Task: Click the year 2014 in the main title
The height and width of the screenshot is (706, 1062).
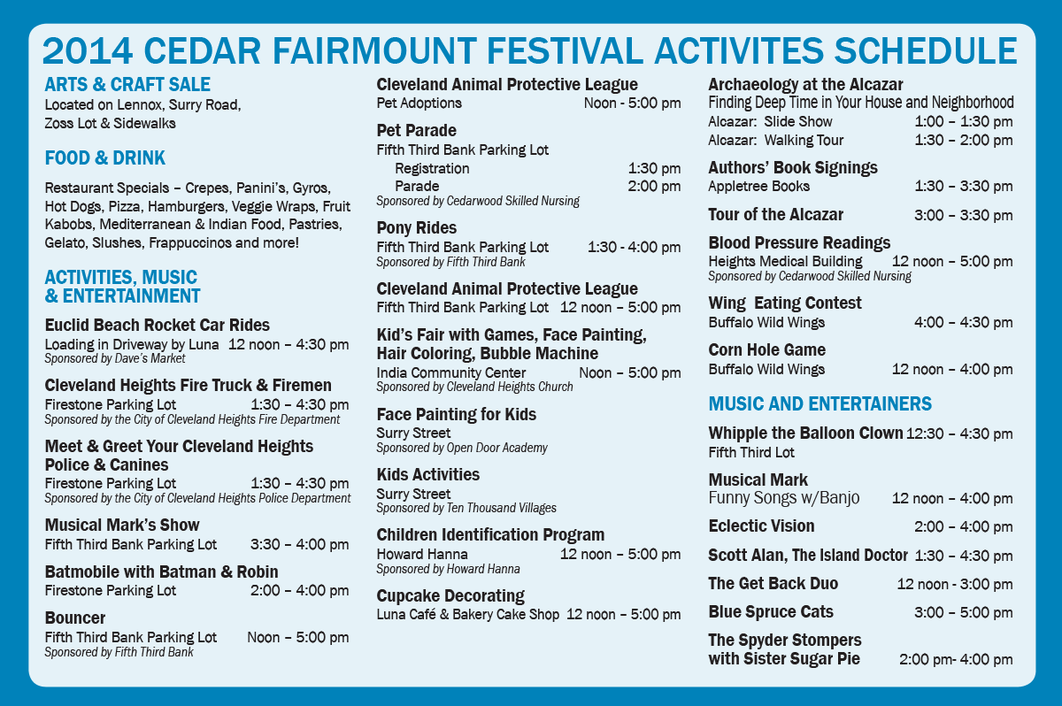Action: tap(88, 51)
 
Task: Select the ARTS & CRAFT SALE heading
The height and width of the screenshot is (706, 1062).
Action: tap(127, 85)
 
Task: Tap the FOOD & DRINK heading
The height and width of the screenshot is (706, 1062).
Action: tap(104, 157)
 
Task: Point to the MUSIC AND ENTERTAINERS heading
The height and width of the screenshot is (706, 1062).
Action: tap(820, 403)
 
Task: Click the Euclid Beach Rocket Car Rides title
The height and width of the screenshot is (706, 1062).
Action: tap(157, 325)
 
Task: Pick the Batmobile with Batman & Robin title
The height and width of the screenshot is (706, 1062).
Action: tap(161, 572)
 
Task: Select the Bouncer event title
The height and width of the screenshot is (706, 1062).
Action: tap(75, 618)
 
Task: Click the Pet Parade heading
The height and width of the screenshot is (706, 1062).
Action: tap(416, 130)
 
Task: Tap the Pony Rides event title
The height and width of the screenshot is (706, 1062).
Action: tap(416, 228)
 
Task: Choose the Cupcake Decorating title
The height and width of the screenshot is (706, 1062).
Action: tap(450, 595)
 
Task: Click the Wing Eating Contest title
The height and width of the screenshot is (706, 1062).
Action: tap(785, 303)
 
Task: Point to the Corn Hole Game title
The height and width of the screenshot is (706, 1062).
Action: tap(766, 349)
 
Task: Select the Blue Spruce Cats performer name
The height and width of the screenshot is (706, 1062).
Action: tap(771, 611)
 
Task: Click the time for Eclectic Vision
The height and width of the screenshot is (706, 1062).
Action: tap(964, 527)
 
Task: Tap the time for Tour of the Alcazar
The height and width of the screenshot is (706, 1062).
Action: tap(964, 215)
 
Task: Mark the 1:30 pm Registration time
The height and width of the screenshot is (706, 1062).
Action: tap(654, 168)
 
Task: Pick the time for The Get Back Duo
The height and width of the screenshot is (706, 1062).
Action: tap(955, 584)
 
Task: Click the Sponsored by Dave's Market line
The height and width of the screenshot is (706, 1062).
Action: tap(115, 358)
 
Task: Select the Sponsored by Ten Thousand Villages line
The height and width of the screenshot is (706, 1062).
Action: tap(466, 508)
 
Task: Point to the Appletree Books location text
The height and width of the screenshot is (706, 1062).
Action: tap(758, 186)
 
